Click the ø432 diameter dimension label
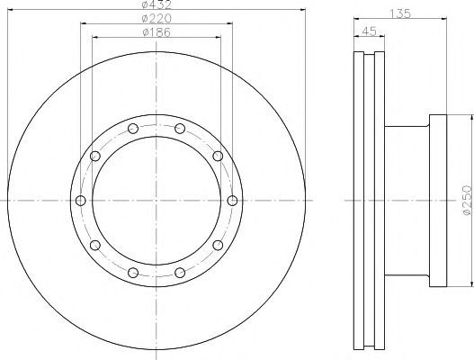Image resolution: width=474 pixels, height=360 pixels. [x=157, y=4]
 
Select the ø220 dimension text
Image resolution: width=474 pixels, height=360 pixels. [x=157, y=19]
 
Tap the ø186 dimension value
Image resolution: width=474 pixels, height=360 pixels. [x=157, y=32]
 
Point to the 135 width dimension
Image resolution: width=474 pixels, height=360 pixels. [x=399, y=13]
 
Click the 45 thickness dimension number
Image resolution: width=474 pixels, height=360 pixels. [x=369, y=31]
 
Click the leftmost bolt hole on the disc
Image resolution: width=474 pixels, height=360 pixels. [x=80, y=201]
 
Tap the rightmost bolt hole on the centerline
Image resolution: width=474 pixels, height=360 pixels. [x=232, y=201]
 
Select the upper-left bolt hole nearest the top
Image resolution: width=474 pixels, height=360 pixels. [x=133, y=129]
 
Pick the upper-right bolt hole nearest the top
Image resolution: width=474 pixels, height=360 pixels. [x=180, y=129]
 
